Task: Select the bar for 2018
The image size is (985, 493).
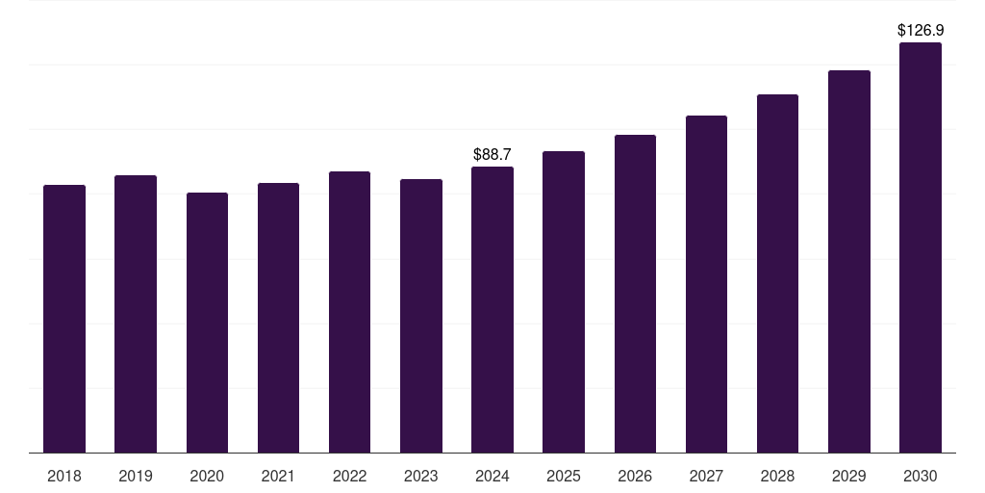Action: point(64,319)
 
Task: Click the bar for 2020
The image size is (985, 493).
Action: point(207,323)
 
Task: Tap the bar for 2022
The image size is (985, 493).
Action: point(349,312)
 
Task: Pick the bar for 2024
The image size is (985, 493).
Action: point(492,309)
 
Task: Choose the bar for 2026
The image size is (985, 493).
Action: point(635,294)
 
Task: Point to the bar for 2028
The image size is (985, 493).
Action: point(777,273)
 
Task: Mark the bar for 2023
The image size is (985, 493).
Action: point(421,316)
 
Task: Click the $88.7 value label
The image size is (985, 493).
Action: point(492,154)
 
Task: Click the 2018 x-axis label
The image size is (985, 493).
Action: point(64,476)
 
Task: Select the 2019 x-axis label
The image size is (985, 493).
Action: point(136,476)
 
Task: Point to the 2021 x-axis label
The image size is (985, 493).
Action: point(278,476)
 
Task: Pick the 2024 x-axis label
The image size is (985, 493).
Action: point(492,476)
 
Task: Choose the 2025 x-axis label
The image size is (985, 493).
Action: point(564,476)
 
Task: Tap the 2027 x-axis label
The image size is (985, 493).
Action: point(706,476)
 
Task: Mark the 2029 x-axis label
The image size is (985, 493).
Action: point(849,476)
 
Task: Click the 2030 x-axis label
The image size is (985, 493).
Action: point(921,476)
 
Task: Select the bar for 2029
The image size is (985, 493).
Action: point(849,261)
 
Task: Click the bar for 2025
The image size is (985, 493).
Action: point(564,301)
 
